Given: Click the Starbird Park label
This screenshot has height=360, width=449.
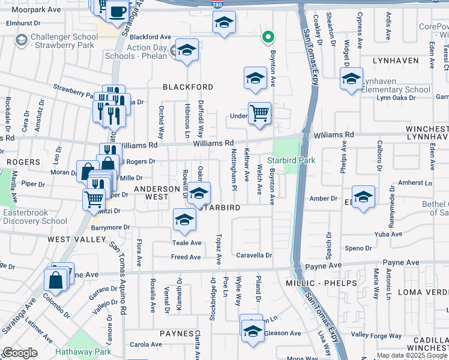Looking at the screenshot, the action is click(x=291, y=160).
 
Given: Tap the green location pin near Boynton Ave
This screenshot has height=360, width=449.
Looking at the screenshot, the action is click(x=268, y=38).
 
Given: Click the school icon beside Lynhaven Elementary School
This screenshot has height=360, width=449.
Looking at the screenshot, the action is click(x=351, y=79).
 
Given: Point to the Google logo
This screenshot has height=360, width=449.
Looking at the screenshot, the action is click(x=20, y=353).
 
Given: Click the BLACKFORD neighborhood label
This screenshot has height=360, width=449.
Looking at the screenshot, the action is click(x=188, y=87).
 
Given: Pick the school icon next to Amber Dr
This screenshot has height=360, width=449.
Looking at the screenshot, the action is click(x=363, y=197).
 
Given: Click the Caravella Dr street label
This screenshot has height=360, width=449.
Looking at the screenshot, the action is click(x=254, y=255).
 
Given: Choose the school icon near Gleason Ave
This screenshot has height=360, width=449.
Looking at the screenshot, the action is click(x=253, y=330).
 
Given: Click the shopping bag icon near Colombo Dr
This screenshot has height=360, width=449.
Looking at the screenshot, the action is click(x=55, y=280).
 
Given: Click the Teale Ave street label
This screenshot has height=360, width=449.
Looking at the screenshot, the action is click(x=187, y=243).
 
